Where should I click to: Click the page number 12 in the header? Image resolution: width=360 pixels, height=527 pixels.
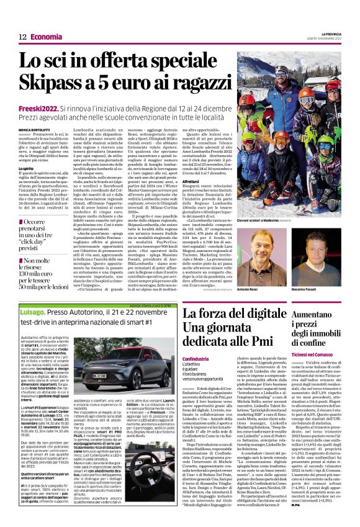(x=22, y=37)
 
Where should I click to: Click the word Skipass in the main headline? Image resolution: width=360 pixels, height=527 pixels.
(x=53, y=85)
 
